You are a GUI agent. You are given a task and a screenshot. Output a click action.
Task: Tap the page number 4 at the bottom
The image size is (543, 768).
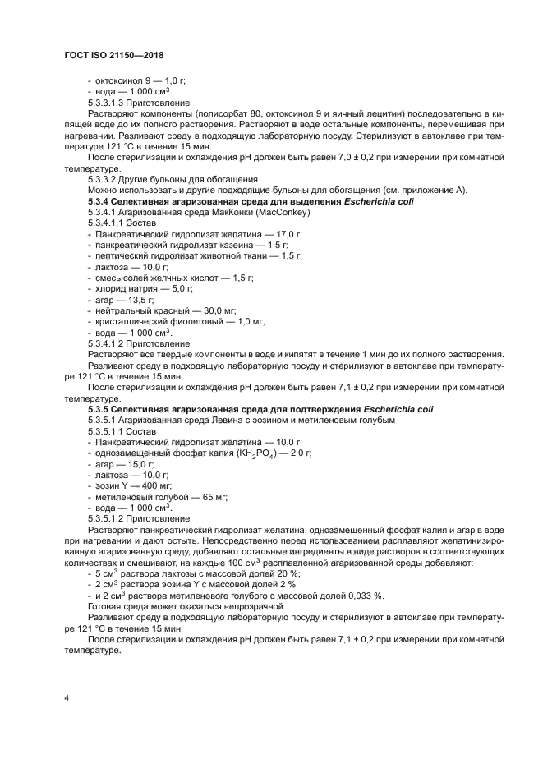(67, 697)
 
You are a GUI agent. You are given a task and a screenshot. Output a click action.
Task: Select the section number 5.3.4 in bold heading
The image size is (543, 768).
(99, 200)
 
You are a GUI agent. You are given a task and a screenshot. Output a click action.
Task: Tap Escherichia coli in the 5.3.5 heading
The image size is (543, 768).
(401, 408)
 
